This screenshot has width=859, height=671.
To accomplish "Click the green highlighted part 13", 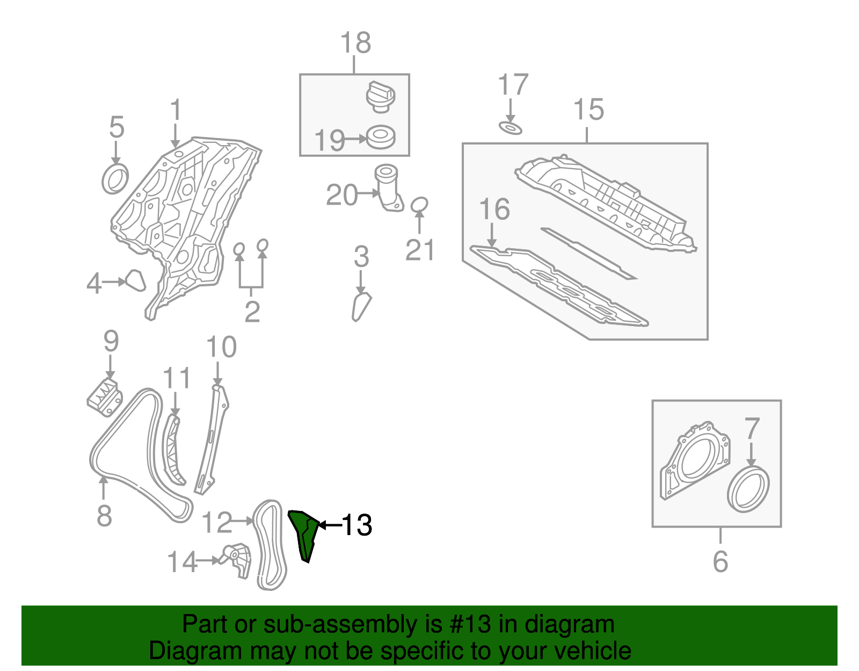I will tap(304, 535).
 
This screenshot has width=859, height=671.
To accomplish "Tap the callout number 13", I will tap(357, 525).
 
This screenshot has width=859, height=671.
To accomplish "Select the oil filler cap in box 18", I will tap(381, 97).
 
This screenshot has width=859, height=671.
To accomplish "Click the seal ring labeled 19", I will tap(381, 137).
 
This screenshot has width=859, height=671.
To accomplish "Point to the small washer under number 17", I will tap(511, 128).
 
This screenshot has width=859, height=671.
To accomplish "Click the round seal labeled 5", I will tap(115, 179).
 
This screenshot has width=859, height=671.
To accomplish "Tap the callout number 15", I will tap(588, 110).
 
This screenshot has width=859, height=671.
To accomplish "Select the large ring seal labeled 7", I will tap(748, 489).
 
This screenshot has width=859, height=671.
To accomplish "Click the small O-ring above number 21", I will tap(419, 205).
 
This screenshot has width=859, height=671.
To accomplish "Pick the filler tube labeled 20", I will tap(388, 188).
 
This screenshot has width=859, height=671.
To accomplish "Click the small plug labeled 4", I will tap(135, 280).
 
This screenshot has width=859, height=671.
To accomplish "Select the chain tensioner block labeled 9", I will tap(105, 398).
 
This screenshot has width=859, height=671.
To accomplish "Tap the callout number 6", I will tap(720, 561).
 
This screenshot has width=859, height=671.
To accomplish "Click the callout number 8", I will tap(104, 516).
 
